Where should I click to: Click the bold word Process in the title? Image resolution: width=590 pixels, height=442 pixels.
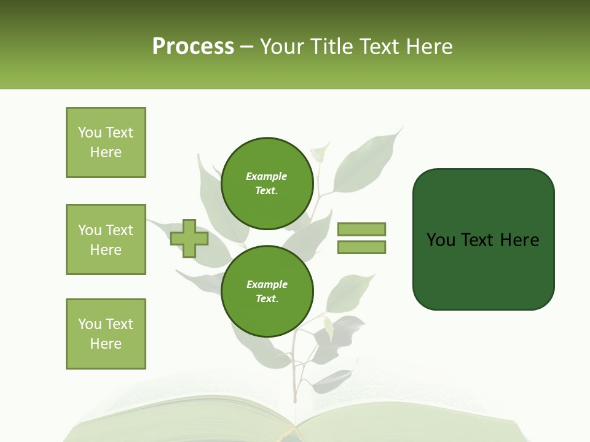point(193,46)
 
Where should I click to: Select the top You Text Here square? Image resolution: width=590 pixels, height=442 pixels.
point(106,142)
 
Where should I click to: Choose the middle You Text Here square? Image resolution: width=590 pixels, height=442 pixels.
point(106,239)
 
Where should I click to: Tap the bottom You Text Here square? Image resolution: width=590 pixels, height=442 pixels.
point(106,334)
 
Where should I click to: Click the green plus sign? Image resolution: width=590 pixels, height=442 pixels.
point(189,238)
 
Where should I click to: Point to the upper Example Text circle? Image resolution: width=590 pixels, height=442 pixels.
point(267,183)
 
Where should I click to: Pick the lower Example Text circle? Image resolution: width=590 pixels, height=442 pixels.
point(267,291)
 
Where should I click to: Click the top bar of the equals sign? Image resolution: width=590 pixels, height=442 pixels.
point(361,229)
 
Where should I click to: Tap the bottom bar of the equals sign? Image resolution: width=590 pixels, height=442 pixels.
point(361,247)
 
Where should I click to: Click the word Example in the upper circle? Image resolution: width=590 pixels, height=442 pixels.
point(267,176)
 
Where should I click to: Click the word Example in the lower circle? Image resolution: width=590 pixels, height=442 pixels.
point(267,284)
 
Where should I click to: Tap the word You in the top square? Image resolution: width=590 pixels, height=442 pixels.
point(90,133)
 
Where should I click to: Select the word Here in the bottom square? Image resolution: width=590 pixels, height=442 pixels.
point(106,344)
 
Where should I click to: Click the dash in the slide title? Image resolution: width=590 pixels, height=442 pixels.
point(247,47)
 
